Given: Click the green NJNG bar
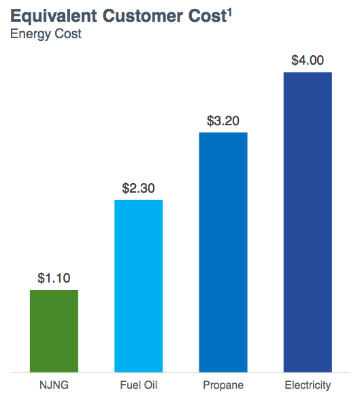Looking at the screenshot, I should click(54, 331).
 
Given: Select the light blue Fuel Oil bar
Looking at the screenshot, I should click(138, 286).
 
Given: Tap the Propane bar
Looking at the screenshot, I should click(223, 252).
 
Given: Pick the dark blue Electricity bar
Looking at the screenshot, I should click(307, 222).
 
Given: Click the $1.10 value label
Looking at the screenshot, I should click(54, 278).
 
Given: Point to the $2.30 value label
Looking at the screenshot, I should click(138, 188).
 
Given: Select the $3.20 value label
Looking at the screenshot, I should click(223, 121).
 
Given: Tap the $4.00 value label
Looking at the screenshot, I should click(307, 61).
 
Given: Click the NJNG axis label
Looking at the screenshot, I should click(54, 386).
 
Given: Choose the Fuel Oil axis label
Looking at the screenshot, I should click(138, 386).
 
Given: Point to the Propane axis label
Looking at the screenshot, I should click(223, 386).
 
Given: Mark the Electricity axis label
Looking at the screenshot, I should click(308, 386).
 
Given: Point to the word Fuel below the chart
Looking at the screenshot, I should click(129, 386).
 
